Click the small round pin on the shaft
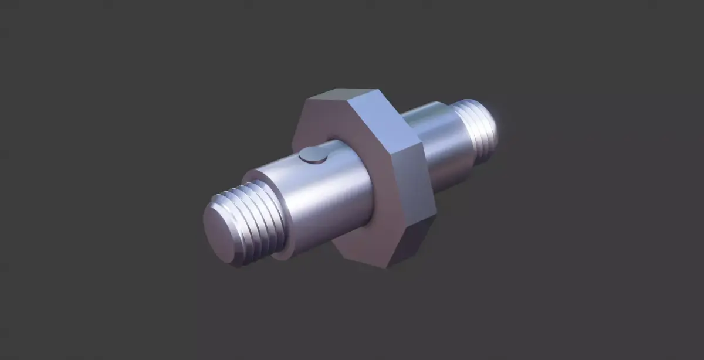click(313, 155)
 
